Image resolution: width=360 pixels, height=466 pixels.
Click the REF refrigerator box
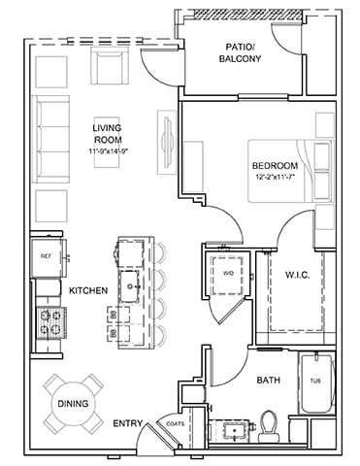click(46, 257)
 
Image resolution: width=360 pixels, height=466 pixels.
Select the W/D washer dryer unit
click(229, 274)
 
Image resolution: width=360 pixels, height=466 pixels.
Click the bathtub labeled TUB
click(313, 385)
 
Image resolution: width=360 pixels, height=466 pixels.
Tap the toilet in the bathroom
click(271, 424)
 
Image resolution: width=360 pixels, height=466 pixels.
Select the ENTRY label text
click(127, 423)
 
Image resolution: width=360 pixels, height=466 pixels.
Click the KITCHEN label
click(86, 290)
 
